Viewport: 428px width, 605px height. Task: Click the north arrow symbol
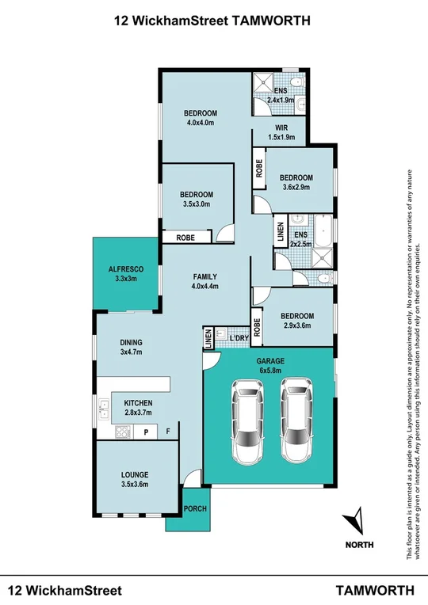pos(353,522)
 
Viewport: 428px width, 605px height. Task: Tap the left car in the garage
pos(247,420)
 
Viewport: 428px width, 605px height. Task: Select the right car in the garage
pos(296,420)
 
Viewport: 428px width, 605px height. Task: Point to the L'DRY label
pos(239,338)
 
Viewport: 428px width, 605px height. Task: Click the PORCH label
pos(195,508)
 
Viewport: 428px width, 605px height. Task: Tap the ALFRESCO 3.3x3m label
pos(126,273)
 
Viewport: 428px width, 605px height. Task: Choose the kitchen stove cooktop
pos(124,432)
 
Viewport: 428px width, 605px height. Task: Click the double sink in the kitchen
pos(104,409)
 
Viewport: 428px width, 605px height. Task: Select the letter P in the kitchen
pos(146,432)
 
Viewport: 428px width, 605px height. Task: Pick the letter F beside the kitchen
pos(168,431)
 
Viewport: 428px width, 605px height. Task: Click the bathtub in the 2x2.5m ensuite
pos(323,231)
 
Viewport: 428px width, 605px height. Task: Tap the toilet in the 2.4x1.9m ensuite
pos(297,82)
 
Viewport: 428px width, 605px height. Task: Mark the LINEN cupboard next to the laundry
pos(208,338)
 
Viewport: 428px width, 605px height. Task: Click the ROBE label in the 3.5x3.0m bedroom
pos(185,238)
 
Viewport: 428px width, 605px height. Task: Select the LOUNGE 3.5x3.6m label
pos(135,479)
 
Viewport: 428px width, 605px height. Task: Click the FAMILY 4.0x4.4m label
pos(204,281)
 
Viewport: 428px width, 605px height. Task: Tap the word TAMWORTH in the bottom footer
pos(375,590)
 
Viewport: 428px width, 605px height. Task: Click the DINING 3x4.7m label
pos(131,347)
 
